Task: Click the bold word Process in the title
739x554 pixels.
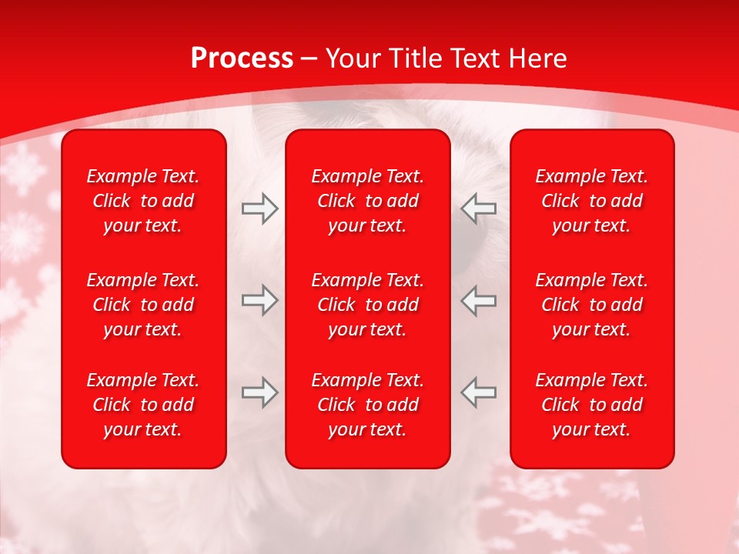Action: [x=242, y=58]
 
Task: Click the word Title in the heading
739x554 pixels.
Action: [x=416, y=58]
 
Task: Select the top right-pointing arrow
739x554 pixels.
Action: [x=259, y=209]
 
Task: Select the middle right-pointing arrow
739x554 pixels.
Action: [x=259, y=300]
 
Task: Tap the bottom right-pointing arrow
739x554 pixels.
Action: [x=259, y=393]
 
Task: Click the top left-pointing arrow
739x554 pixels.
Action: [x=479, y=209]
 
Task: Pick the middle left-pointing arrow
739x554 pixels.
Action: [x=479, y=300]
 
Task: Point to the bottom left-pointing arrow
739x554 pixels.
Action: [x=479, y=393]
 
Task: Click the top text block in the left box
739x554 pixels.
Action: [x=143, y=201]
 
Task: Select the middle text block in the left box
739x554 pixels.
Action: [x=143, y=305]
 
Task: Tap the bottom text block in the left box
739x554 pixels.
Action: [x=143, y=405]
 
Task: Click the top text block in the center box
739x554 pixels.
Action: [x=368, y=201]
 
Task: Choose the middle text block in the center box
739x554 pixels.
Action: [x=368, y=305]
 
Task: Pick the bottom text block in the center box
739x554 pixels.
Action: [x=368, y=405]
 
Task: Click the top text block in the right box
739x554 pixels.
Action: [x=592, y=201]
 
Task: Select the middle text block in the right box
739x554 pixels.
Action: [x=592, y=305]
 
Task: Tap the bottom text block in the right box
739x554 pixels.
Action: [x=592, y=405]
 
